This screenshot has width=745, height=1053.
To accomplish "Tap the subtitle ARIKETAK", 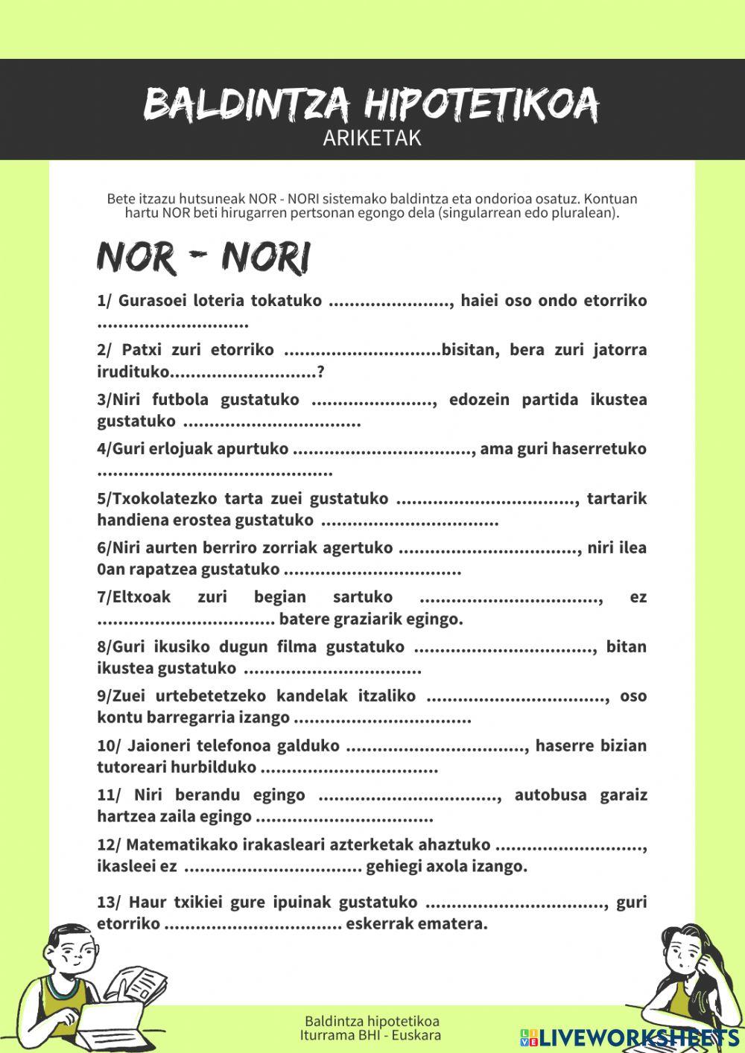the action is click(372, 139).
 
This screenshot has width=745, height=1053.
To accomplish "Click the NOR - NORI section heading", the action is click(203, 258).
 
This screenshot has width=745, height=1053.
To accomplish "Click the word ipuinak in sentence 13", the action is click(298, 903).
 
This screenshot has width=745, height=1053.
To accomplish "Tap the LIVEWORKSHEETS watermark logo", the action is click(630, 1037).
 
